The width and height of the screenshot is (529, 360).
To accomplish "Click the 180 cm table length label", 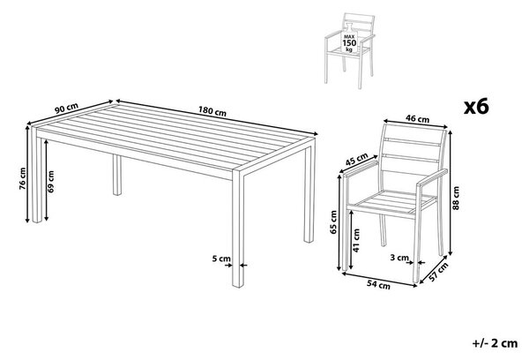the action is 212,111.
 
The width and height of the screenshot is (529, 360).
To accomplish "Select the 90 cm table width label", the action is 66,108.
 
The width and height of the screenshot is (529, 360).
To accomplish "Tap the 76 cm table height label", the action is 22,178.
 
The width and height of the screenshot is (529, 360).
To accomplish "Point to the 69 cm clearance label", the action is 51,182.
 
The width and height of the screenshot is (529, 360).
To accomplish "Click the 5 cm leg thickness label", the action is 221,259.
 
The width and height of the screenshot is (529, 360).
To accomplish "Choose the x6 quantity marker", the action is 476,107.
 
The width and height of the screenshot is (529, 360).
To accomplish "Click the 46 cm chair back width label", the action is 417,118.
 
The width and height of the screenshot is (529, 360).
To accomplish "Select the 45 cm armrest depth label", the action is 356,160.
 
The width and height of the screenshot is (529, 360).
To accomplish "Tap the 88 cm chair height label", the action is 456,198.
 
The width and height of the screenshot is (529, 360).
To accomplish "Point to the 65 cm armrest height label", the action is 333,221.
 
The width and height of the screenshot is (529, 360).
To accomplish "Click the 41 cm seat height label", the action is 356,241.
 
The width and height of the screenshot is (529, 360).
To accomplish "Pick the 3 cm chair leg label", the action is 399,258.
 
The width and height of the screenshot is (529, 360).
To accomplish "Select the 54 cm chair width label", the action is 378,285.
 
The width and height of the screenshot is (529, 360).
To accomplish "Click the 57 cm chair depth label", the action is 438,273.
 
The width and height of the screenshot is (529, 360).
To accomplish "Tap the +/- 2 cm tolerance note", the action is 495,343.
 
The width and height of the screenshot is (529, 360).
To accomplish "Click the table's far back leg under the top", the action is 117,175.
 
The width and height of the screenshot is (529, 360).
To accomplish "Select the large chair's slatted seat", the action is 392,203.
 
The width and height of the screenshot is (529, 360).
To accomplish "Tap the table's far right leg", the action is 309,191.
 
